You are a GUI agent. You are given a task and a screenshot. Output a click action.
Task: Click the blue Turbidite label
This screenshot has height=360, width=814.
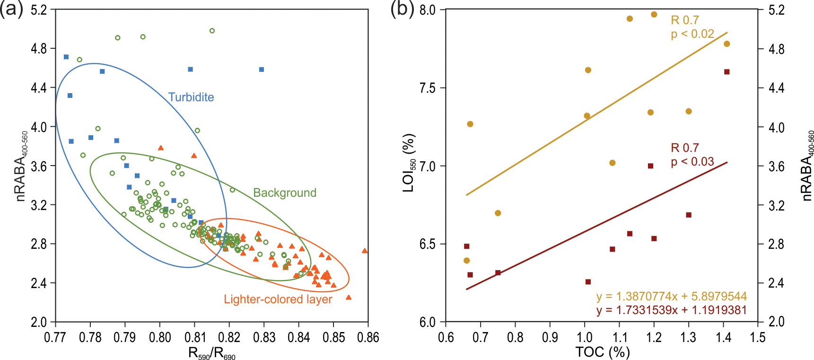tap(191, 97)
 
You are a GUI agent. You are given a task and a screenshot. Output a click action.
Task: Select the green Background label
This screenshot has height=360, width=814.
tap(284, 193)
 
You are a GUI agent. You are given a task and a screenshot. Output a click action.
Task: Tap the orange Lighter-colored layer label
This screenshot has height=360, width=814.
tap(278, 299)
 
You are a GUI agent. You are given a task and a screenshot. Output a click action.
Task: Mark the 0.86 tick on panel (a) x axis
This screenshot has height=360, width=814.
tap(368, 337)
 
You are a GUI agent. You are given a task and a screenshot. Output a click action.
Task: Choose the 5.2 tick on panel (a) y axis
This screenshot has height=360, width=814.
tap(39, 10)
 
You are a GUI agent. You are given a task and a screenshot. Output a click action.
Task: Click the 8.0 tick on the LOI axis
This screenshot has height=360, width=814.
tap(428, 10)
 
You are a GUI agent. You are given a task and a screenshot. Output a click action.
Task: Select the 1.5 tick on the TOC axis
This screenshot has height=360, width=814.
tap(758, 337)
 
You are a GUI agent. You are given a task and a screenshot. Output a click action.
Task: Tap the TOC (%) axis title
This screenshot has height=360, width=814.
tap(603, 352)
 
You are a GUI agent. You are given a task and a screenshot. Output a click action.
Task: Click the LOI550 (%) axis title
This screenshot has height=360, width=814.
tap(409, 163)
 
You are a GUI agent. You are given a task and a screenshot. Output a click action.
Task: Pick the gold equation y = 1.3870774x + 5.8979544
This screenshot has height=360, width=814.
tap(672, 297)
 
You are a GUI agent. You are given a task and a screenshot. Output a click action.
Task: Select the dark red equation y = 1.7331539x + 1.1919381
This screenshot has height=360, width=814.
tap(672, 310)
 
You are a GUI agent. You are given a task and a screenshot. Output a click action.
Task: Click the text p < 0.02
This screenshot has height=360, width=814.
tap(692, 34)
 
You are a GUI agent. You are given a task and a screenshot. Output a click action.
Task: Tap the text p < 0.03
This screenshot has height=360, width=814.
tap(692, 161)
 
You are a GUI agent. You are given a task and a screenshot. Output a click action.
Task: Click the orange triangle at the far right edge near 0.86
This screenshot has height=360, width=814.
tap(365, 251)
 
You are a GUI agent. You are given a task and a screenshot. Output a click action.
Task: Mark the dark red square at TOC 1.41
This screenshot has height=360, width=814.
tap(727, 72)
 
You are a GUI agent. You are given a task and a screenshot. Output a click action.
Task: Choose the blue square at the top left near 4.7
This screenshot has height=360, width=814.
tap(66, 57)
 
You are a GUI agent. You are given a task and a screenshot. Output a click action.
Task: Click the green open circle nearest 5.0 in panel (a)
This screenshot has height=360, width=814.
tap(212, 31)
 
